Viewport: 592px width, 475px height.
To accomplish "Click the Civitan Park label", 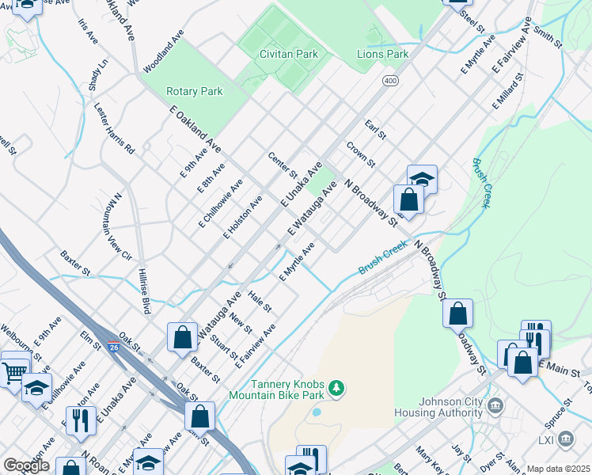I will click(x=288, y=55).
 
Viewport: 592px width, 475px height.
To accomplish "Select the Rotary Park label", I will click(x=194, y=92).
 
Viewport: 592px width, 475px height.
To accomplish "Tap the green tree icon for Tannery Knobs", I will click(x=337, y=387).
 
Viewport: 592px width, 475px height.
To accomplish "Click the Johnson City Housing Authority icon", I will click(x=496, y=407).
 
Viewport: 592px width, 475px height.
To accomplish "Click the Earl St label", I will click(x=375, y=129).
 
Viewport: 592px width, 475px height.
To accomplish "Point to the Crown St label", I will click(x=360, y=154).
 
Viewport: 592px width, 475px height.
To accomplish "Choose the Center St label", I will click(x=282, y=165).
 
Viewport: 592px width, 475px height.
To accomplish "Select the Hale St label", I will click(x=260, y=301).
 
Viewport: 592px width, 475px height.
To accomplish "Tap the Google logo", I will click(x=26, y=465).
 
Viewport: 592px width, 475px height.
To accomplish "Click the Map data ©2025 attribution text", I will click(x=557, y=469).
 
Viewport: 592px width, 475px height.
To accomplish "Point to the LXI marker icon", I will click(x=566, y=439).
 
